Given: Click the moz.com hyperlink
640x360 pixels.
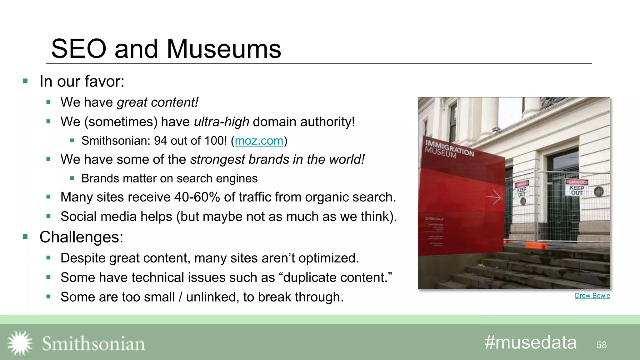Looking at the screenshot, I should [x=259, y=141].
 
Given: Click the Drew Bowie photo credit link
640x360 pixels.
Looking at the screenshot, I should [x=592, y=296].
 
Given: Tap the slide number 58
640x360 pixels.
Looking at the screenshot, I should [x=601, y=345].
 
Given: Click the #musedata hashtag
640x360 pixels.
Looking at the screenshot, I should [x=530, y=342].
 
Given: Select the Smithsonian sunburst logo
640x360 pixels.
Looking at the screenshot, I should [x=20, y=343].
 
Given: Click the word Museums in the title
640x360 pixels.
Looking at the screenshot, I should [x=224, y=49].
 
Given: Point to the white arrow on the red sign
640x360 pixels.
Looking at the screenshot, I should [x=493, y=197].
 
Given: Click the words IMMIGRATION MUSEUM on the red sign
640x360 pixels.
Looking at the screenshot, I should [x=449, y=149].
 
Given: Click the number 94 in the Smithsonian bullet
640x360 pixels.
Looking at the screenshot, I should [x=161, y=141].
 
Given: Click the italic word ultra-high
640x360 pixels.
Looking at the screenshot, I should [x=222, y=122].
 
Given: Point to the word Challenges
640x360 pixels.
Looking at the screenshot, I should [x=81, y=237].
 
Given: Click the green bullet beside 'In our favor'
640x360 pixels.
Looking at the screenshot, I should [x=25, y=82].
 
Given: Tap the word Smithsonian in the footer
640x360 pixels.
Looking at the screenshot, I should [x=93, y=344].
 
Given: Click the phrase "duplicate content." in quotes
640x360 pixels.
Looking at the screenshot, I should [x=337, y=277].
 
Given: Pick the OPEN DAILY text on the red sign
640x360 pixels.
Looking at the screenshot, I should [x=434, y=219].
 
